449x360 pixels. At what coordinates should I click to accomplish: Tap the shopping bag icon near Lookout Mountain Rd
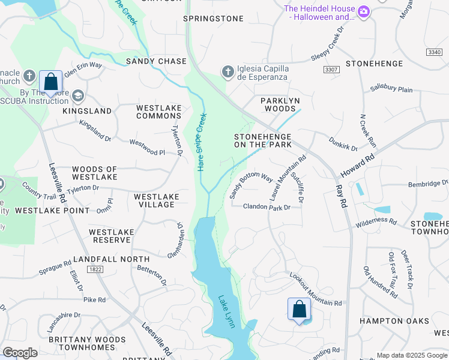(x=299, y=310)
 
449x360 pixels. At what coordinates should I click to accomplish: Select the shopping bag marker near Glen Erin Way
(x=51, y=82)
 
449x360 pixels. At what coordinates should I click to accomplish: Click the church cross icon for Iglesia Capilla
(x=228, y=72)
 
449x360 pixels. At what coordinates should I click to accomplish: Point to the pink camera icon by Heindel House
(x=363, y=12)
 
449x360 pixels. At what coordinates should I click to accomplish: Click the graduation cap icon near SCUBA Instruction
(x=77, y=96)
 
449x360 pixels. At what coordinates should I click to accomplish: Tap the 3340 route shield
(x=434, y=53)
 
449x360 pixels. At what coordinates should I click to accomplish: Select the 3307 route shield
(x=331, y=70)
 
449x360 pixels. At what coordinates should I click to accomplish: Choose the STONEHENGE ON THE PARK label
(x=263, y=140)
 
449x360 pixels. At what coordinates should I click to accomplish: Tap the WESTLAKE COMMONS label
(x=158, y=112)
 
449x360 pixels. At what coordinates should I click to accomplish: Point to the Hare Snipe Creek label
(x=202, y=142)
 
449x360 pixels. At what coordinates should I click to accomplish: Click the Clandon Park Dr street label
(x=267, y=207)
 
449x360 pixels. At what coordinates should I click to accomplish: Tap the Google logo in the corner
(x=20, y=353)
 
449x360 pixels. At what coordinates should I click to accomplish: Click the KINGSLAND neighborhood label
(x=87, y=111)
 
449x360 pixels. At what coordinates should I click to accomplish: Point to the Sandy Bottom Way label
(x=251, y=185)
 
